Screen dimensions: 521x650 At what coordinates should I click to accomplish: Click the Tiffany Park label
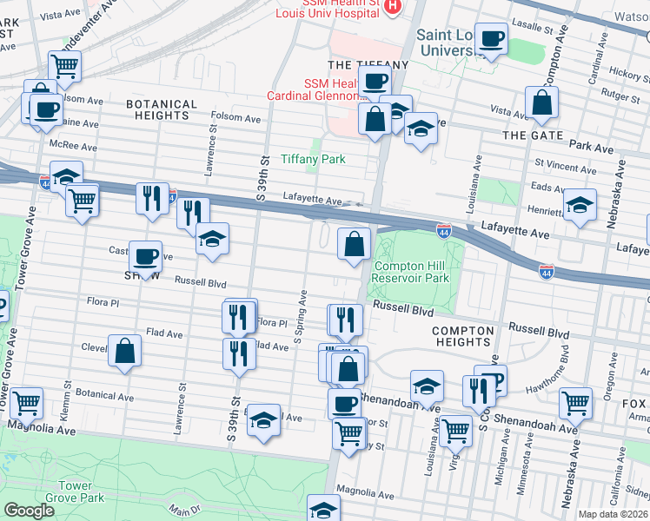coord(313,159)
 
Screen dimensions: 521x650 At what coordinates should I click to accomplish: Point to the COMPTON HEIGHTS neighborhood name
coord(463,336)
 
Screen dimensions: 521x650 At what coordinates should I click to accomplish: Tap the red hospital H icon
coord(392,7)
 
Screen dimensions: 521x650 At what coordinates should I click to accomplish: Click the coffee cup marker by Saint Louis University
coord(491,39)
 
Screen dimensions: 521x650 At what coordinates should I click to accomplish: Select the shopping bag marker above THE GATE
coord(542,102)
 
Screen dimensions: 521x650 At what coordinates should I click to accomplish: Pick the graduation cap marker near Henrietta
coord(580,206)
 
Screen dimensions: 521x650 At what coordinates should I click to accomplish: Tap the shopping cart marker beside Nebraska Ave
coord(576,403)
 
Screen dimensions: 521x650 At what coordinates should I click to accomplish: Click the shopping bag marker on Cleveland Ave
coord(125,351)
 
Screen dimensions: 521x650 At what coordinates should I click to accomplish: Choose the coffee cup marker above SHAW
coord(145,256)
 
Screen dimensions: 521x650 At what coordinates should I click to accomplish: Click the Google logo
coord(29,511)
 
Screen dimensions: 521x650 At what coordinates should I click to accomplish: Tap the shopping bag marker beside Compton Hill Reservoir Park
coord(354,244)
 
